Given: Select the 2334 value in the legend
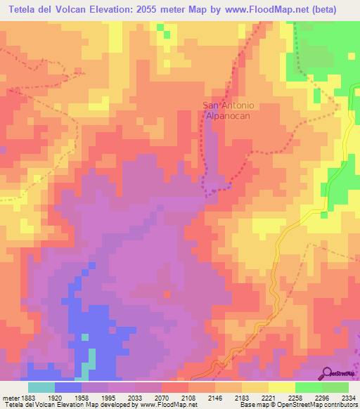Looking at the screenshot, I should [349, 397].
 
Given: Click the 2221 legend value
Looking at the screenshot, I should [268, 397].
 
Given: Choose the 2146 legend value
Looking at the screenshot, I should [215, 397].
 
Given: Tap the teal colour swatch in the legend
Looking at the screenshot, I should [41, 387].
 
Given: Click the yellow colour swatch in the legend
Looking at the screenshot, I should [281, 387].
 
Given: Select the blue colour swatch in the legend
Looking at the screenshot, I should [67, 387].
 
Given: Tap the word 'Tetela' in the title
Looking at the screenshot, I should [22, 9].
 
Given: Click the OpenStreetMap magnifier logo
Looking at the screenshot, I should [328, 373].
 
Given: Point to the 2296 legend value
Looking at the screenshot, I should [322, 397].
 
